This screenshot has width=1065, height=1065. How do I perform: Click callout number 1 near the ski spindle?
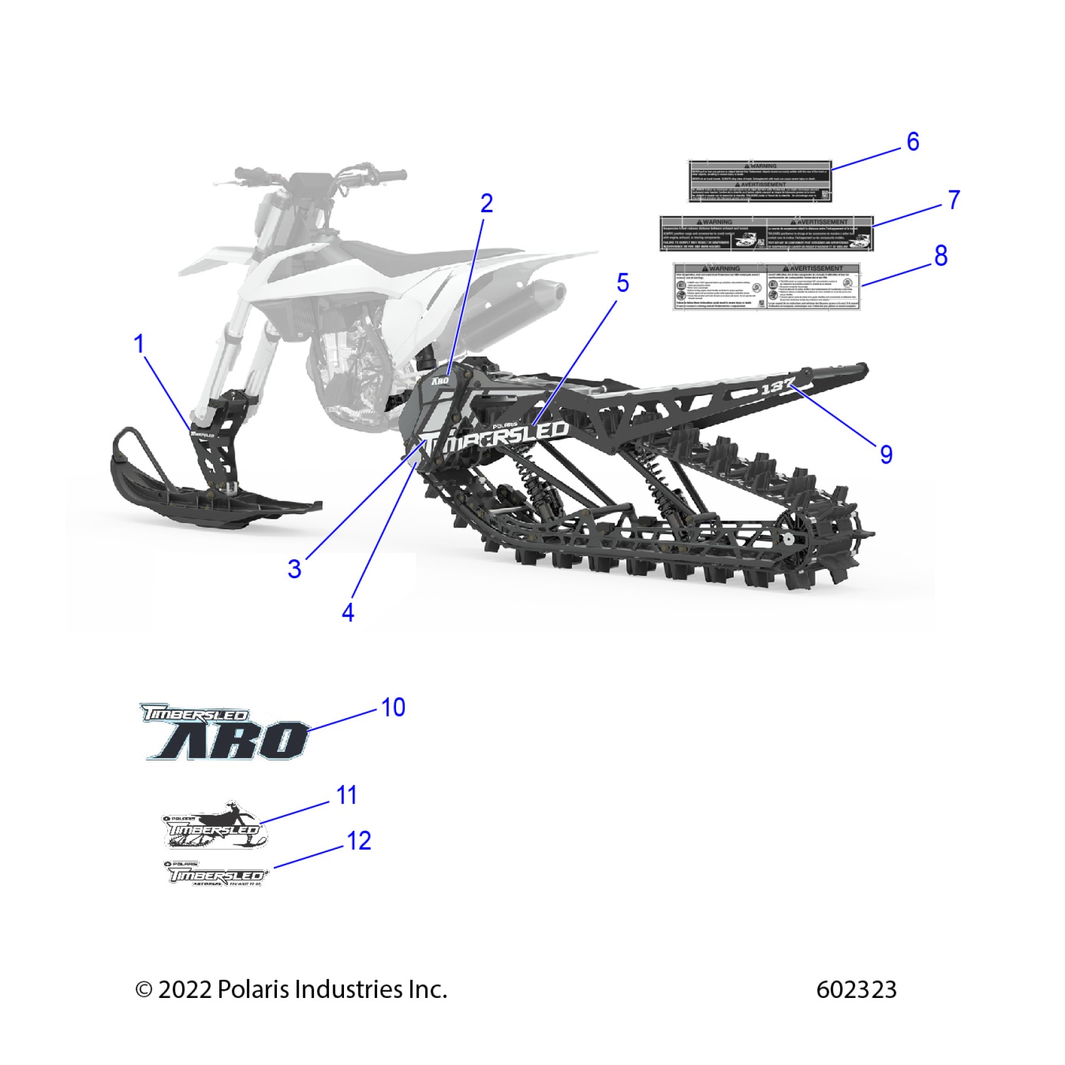[x=139, y=344]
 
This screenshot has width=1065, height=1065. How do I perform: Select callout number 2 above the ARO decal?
[x=486, y=203]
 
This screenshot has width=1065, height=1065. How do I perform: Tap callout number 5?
[x=622, y=283]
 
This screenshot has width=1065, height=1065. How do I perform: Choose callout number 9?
[x=885, y=454]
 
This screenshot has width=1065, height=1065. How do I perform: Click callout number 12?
[x=359, y=841]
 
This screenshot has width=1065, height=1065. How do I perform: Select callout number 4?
[x=348, y=612]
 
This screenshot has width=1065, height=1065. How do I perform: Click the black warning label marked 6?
[x=760, y=181]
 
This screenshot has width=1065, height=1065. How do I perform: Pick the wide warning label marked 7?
[x=766, y=234]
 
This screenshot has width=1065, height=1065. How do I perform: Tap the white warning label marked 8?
[x=766, y=286]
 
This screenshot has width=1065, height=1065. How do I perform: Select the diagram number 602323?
[x=856, y=990]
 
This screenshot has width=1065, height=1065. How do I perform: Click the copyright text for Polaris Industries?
[x=291, y=990]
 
